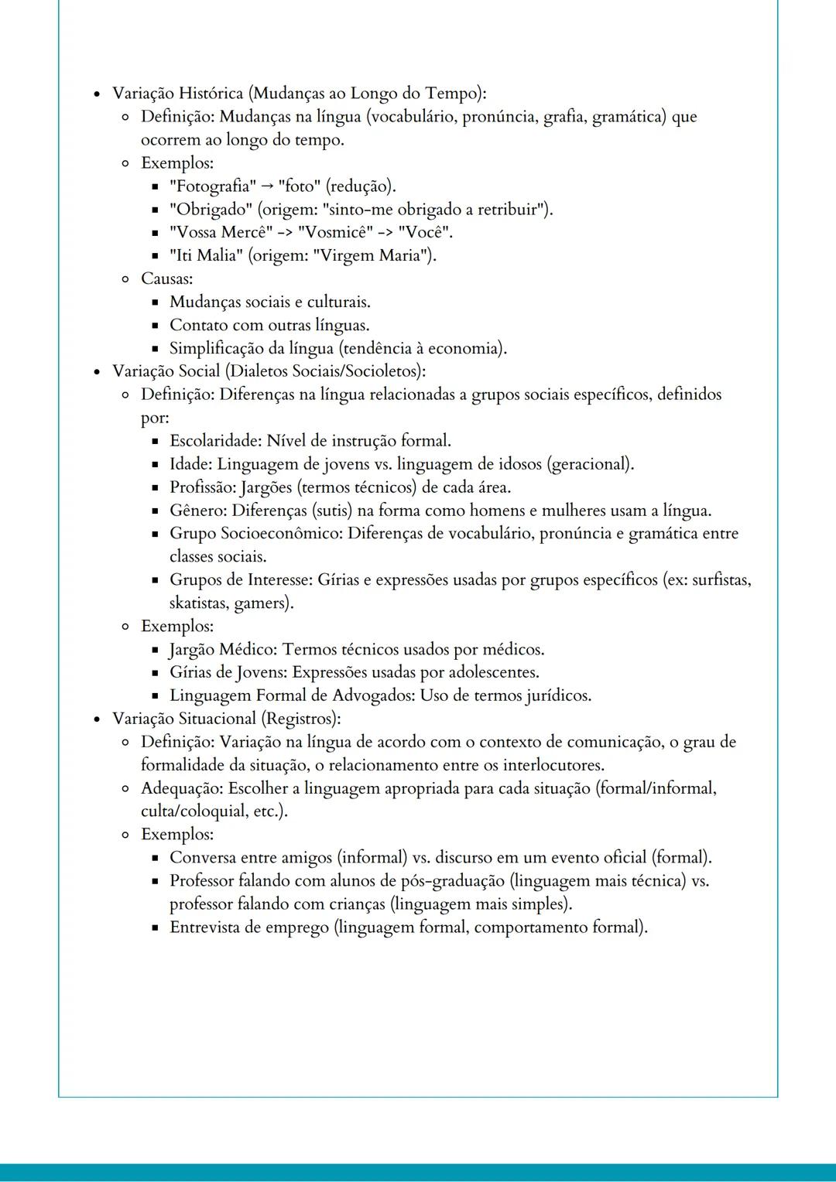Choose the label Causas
pos(166,278)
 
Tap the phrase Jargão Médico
pos(224,650)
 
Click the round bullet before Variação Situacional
pos(97,719)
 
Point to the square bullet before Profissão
pos(155,488)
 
